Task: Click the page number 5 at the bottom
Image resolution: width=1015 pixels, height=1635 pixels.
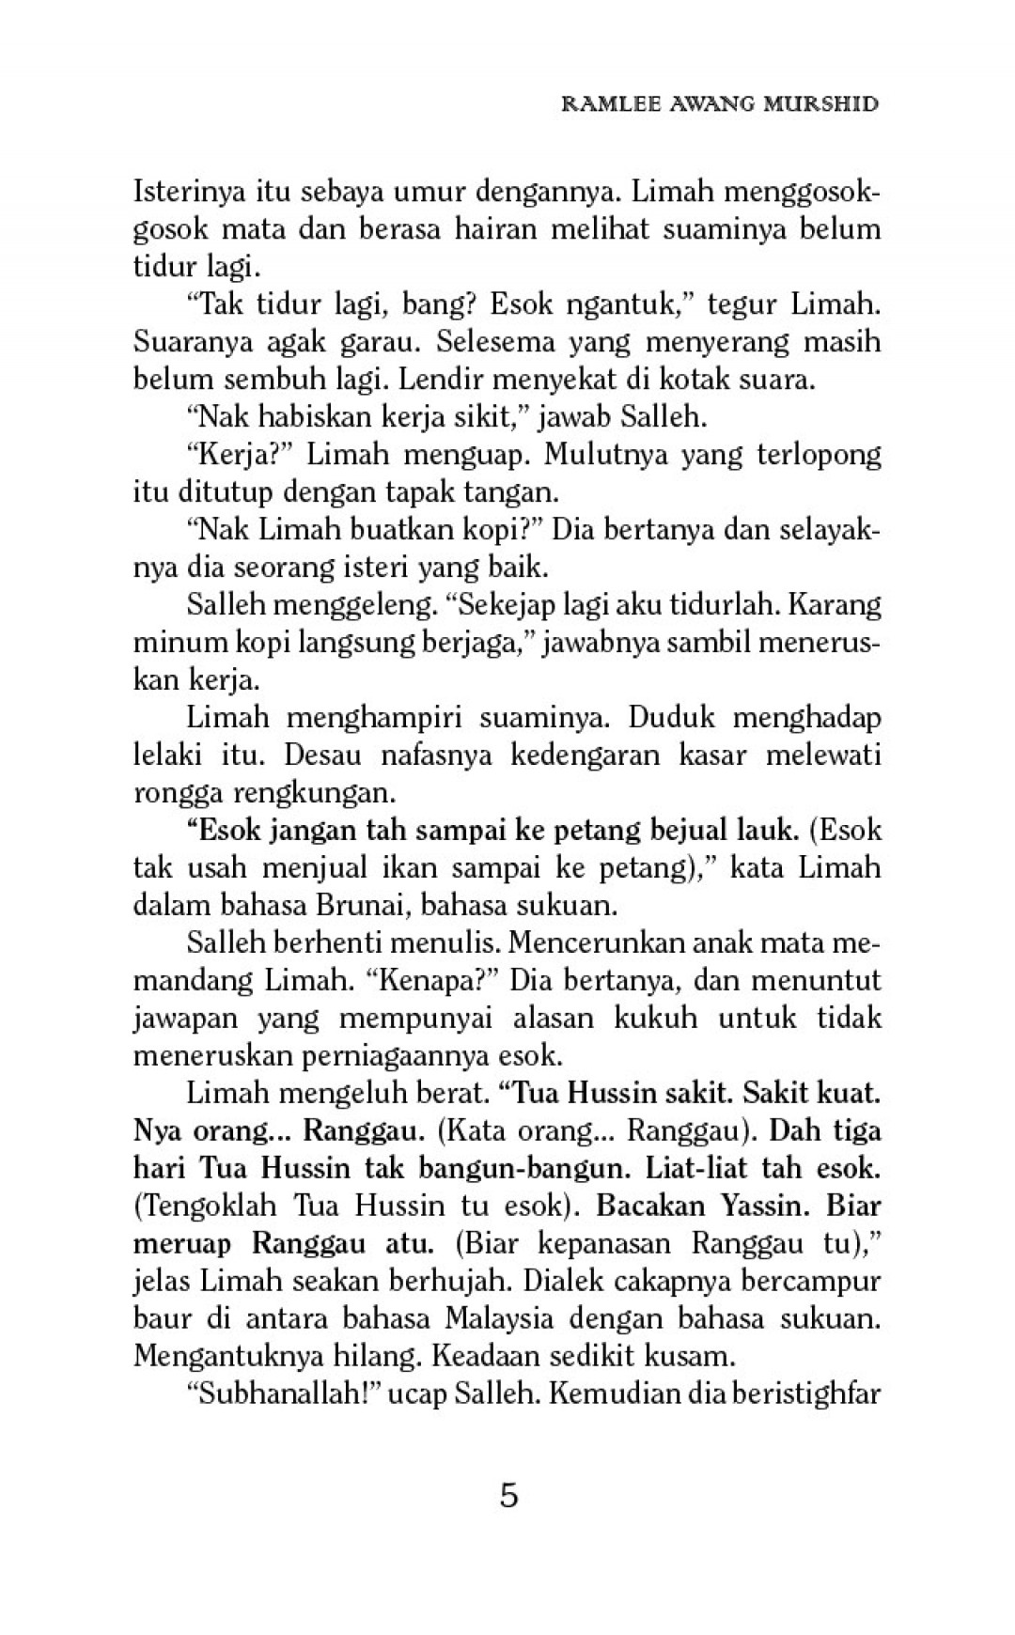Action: [x=508, y=1495]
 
